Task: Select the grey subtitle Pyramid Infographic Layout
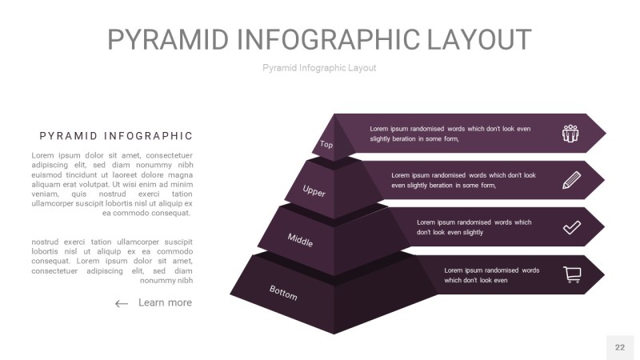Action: click(x=319, y=68)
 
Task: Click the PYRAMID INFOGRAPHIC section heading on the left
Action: click(x=116, y=136)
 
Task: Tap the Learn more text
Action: click(x=165, y=302)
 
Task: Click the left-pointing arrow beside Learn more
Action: click(x=122, y=303)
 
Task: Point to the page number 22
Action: click(x=620, y=347)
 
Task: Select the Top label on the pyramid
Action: click(x=326, y=145)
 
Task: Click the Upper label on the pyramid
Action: click(x=314, y=190)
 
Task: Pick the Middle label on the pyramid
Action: click(x=300, y=239)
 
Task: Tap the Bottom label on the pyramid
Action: click(x=283, y=293)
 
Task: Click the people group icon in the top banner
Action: click(x=570, y=133)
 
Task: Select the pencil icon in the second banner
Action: click(x=571, y=180)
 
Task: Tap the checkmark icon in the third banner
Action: click(x=571, y=227)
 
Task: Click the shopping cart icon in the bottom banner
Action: click(x=572, y=274)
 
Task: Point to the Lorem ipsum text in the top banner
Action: click(x=450, y=134)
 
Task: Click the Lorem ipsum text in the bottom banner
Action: click(x=491, y=275)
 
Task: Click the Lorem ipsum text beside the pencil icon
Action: click(x=463, y=180)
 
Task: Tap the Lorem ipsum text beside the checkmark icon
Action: click(x=474, y=227)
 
